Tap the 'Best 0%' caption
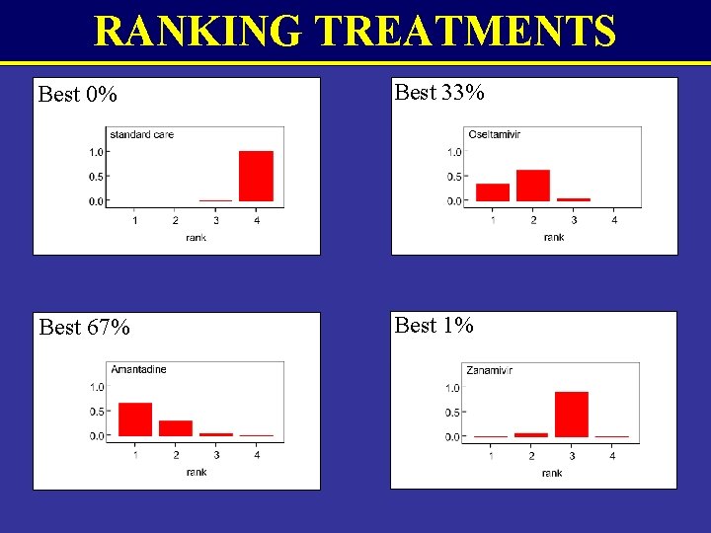pyautogui.click(x=77, y=95)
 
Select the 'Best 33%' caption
pyautogui.click(x=438, y=93)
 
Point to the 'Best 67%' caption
pyautogui.click(x=84, y=327)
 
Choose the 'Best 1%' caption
pyautogui.click(x=434, y=325)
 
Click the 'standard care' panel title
pyautogui.click(x=141, y=134)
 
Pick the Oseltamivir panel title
pyautogui.click(x=495, y=134)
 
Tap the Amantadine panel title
pyautogui.click(x=138, y=369)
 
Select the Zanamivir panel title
pyautogui.click(x=490, y=370)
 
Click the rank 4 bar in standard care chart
pyautogui.click(x=256, y=176)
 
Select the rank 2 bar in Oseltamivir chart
pyautogui.click(x=533, y=186)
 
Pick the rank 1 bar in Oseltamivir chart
pyautogui.click(x=492, y=192)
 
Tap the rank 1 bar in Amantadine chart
pyautogui.click(x=135, y=419)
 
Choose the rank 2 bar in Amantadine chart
pyautogui.click(x=176, y=428)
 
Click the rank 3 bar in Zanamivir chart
pyautogui.click(x=571, y=415)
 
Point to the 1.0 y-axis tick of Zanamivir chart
pyautogui.click(x=452, y=388)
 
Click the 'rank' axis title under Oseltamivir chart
pyautogui.click(x=553, y=238)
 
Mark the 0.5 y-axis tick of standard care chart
pyautogui.click(x=96, y=177)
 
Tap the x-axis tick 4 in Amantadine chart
pyautogui.click(x=257, y=455)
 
